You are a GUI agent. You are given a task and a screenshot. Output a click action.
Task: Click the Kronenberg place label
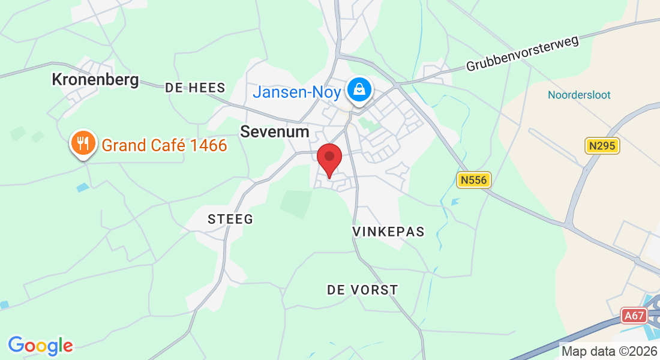coord(95,79)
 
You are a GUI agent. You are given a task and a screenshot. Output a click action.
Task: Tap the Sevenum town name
coord(275,132)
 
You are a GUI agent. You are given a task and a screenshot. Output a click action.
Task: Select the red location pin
coord(329,158)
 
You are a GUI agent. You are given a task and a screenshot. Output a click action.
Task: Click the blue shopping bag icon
coord(359,90)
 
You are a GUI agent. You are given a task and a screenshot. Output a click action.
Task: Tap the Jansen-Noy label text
coord(296,92)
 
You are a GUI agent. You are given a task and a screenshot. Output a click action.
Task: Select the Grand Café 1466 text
coord(164,145)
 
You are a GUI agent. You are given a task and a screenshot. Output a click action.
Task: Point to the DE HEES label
coord(195,88)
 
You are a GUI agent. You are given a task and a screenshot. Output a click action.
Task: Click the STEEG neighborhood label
coord(230,219)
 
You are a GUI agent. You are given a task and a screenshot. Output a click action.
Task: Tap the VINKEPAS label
coord(388,232)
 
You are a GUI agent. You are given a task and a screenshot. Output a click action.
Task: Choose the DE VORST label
coord(362,290)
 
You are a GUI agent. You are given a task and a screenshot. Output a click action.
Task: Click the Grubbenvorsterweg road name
coord(522,53)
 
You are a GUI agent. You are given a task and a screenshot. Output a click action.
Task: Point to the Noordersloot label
coord(579,95)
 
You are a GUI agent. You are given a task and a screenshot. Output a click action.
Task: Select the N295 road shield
coord(601,146)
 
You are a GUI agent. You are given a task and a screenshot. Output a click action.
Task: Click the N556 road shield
coord(474,179)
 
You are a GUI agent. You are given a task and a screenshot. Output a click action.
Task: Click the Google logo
coord(40,346)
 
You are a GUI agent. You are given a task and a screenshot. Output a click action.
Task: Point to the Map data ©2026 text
coord(609,351)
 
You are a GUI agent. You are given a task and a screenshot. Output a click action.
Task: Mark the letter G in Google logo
coord(16,345)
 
